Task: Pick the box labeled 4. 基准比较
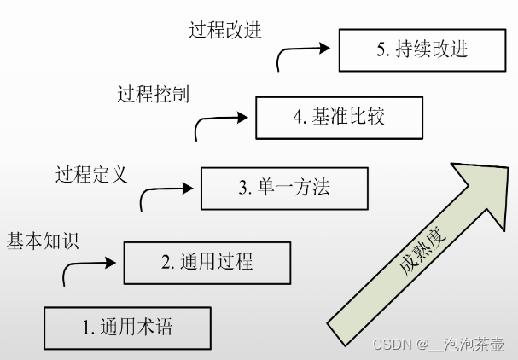(x=338, y=117)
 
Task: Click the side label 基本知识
(x=43, y=241)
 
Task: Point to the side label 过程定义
(x=90, y=176)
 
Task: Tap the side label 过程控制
(x=153, y=94)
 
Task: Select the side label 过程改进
(x=225, y=31)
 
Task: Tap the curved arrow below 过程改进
(x=300, y=56)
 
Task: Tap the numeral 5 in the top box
(x=381, y=50)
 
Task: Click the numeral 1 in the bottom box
(x=86, y=328)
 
